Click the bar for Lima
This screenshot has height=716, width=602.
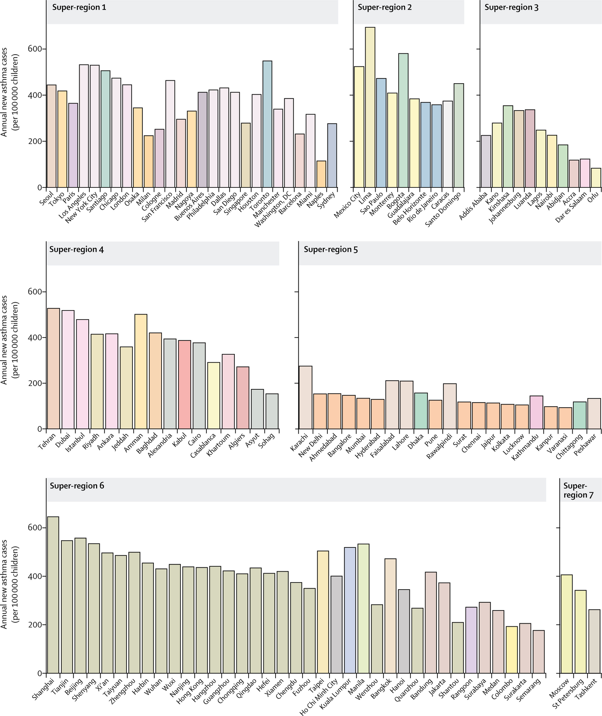[370, 107]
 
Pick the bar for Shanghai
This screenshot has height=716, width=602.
[53, 595]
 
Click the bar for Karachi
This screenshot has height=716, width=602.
[305, 397]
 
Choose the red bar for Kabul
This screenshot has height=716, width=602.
[185, 384]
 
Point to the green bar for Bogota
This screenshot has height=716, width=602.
[403, 120]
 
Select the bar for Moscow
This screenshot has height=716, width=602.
[567, 624]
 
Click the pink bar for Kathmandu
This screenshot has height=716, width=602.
[536, 412]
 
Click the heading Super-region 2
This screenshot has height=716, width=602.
[385, 7]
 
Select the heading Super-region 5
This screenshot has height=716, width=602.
[331, 249]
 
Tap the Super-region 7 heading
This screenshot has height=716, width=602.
[578, 490]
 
